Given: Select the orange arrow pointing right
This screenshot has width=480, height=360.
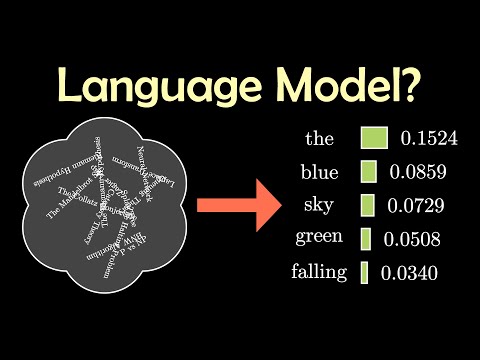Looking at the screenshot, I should point(237,206).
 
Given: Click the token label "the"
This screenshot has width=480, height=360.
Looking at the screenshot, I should point(320,138).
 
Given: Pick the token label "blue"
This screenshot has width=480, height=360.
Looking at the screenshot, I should point(319,171).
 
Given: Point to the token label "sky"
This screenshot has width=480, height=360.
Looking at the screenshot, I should point(319,205).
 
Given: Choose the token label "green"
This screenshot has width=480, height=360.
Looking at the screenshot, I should point(319,238).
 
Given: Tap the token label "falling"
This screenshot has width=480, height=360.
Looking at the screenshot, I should point(319,271).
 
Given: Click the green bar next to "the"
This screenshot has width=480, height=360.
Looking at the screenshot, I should point(374,138).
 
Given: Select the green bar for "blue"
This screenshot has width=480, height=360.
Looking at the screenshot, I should point(368,171).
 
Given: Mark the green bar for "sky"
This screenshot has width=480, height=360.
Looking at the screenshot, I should point(367,205).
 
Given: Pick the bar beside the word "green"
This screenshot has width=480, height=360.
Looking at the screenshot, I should point(365,238).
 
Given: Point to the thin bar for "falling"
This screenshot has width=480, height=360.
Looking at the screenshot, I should point(364,271).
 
